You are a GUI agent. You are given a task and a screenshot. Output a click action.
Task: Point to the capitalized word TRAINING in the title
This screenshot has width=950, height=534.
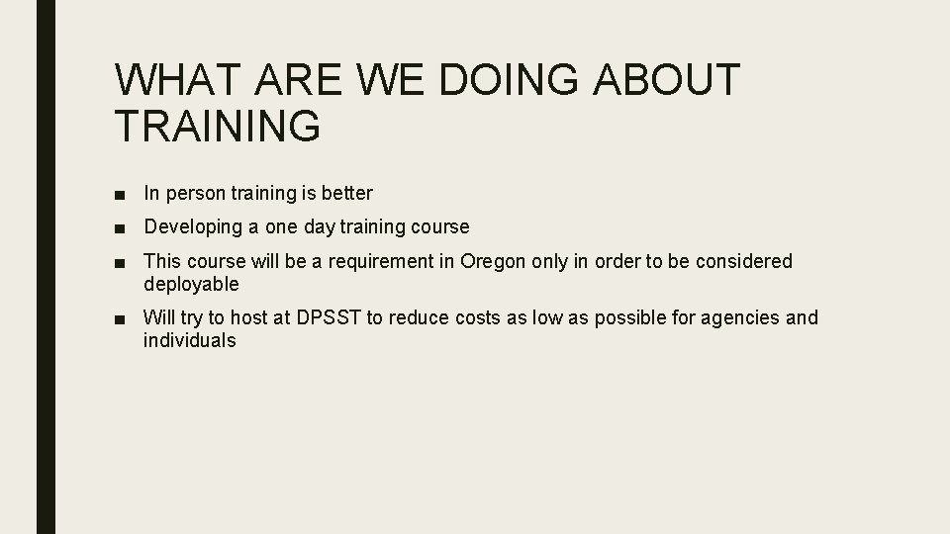[x=218, y=127]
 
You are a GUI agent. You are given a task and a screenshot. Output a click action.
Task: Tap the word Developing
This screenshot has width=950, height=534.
[x=193, y=227]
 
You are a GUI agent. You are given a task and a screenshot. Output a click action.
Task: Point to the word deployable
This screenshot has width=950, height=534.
[x=191, y=285]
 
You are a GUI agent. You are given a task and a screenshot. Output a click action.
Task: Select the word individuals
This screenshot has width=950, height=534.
[x=189, y=341]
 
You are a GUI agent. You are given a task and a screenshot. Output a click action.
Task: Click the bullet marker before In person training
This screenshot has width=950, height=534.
[x=119, y=193]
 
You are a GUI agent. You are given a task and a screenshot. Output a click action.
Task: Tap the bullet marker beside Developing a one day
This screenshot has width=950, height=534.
[x=119, y=227]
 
